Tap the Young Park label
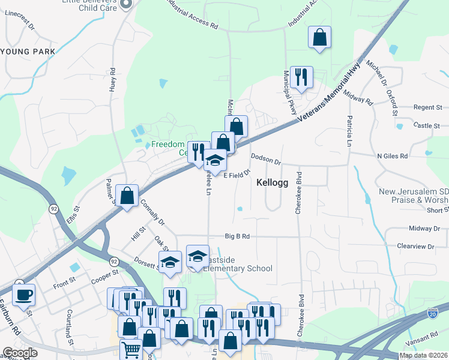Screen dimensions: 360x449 pyautogui.click(x=28, y=52)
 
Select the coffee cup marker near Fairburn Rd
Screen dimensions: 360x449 pyautogui.click(x=23, y=295)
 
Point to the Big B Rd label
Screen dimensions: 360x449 pyautogui.click(x=237, y=236)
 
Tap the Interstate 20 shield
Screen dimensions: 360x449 pyautogui.click(x=433, y=313)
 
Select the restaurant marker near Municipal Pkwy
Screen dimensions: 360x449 pyautogui.click(x=301, y=76)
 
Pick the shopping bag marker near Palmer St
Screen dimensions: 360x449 pyautogui.click(x=127, y=195)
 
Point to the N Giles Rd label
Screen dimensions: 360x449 pyautogui.click(x=392, y=156)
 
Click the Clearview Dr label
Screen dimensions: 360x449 pyautogui.click(x=415, y=247)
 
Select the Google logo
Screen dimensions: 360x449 pyautogui.click(x=20, y=353)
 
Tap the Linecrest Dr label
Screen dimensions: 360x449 pyautogui.click(x=21, y=28)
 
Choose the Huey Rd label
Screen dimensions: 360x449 pyautogui.click(x=112, y=80)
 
